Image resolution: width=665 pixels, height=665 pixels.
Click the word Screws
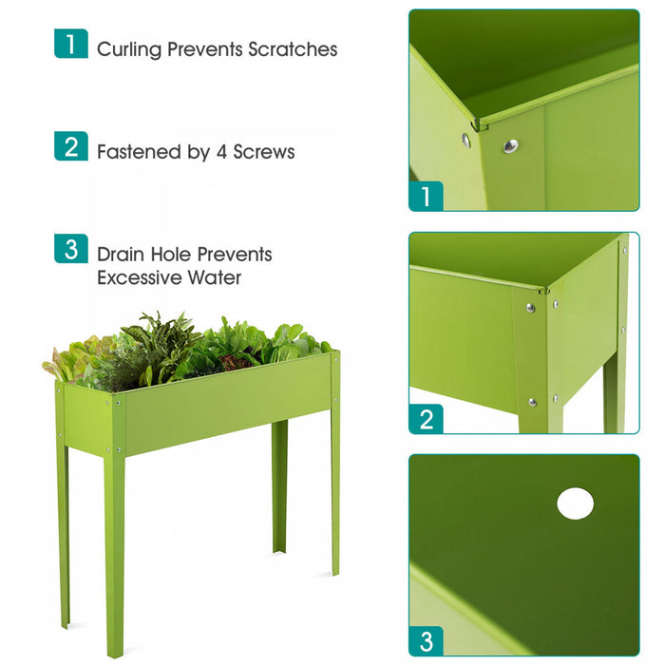(266, 151)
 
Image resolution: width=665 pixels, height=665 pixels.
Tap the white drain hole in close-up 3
(575, 503)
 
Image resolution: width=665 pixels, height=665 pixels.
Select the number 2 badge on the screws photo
(426, 418)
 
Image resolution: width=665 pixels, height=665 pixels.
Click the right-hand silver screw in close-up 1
(510, 145)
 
